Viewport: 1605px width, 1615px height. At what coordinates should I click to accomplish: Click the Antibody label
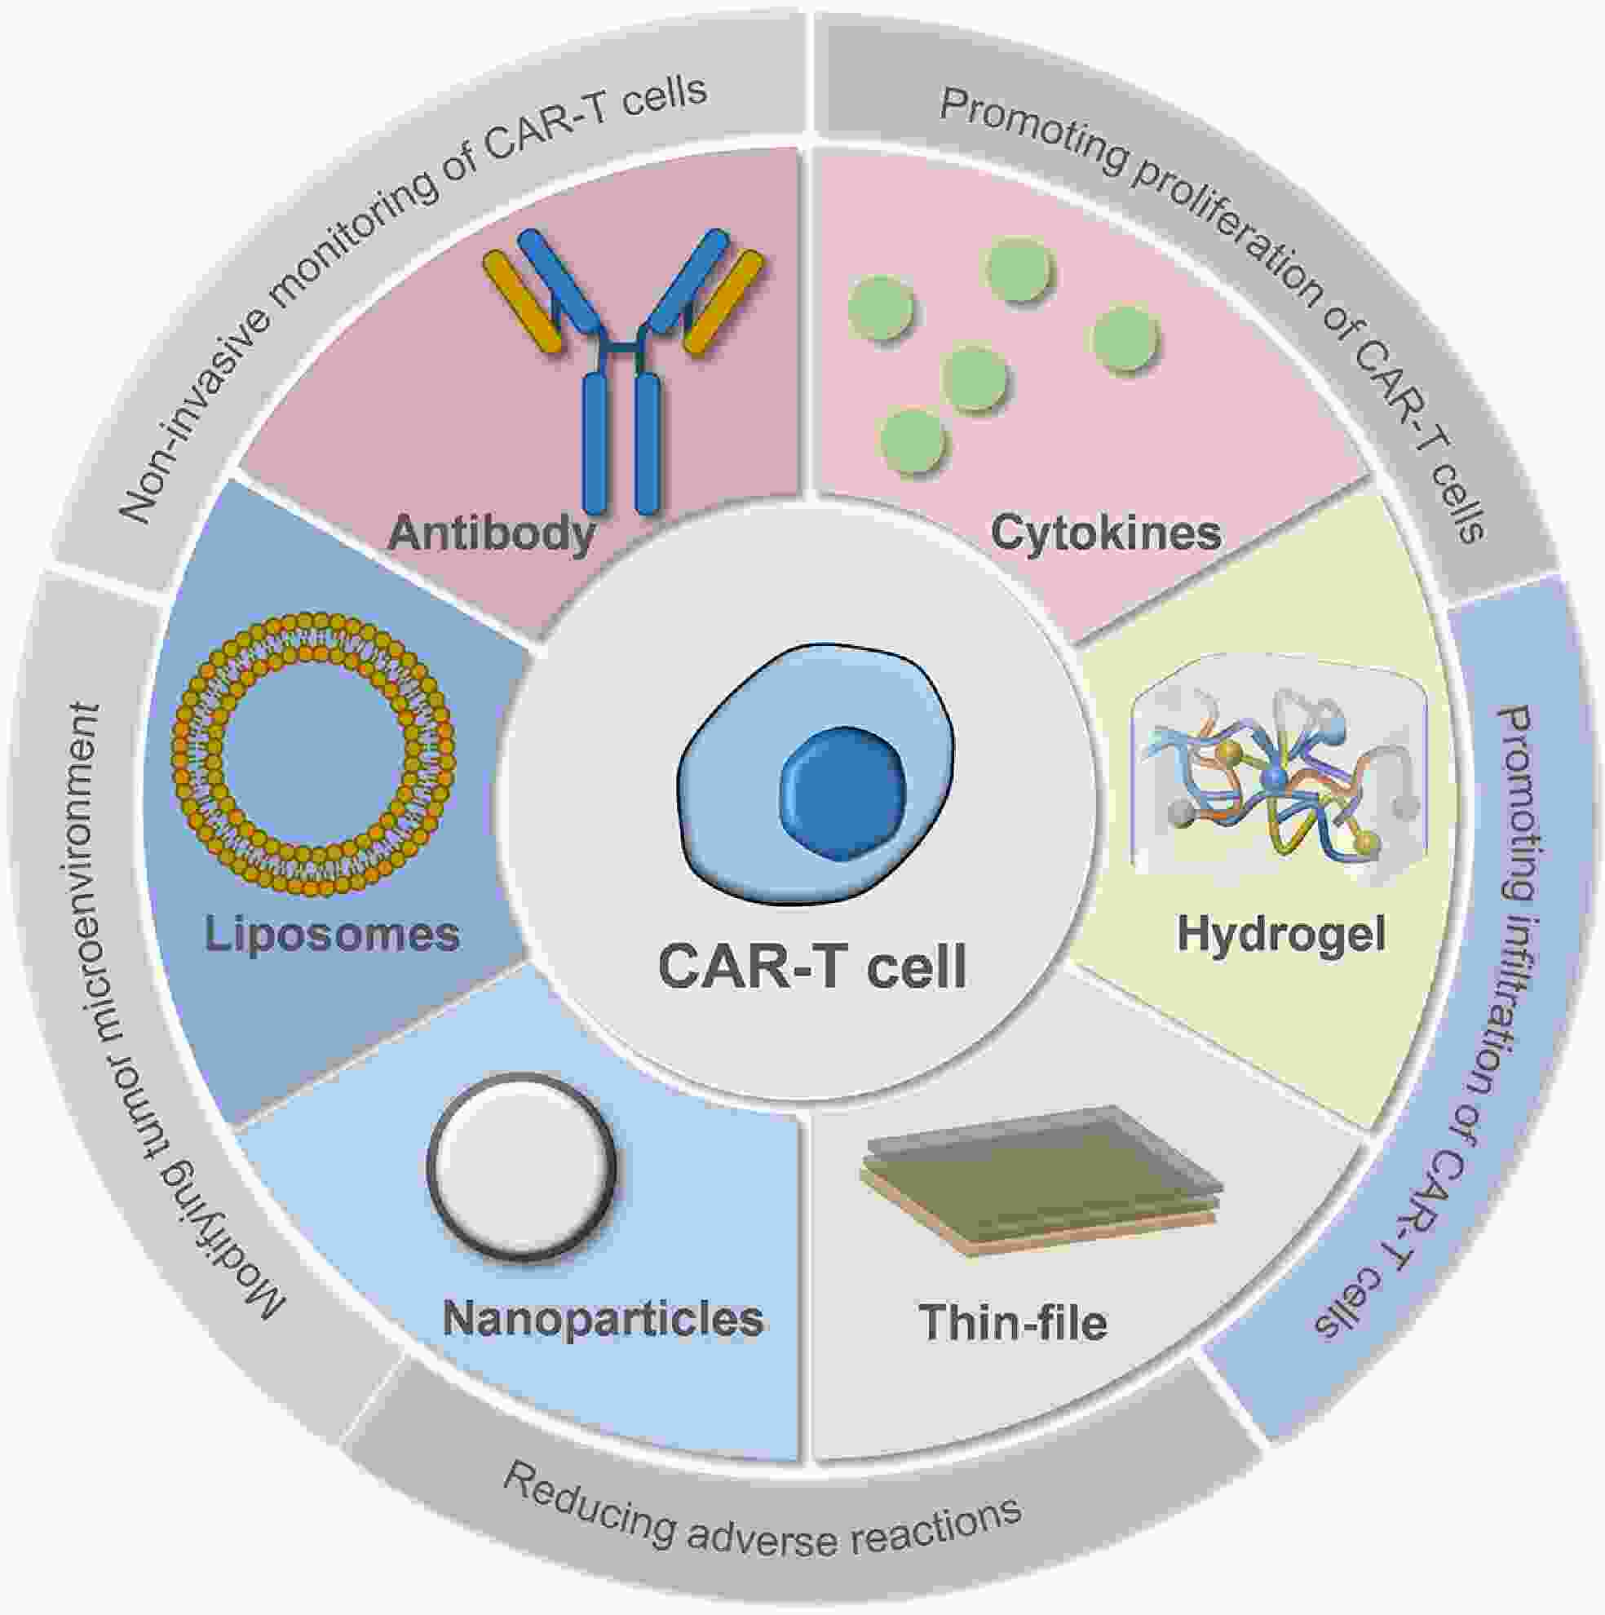click(491, 534)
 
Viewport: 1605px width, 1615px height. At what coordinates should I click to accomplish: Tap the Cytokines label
click(1106, 533)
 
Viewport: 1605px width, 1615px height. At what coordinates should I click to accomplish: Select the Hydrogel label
click(1281, 934)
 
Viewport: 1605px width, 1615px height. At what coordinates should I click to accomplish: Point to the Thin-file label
click(1013, 1322)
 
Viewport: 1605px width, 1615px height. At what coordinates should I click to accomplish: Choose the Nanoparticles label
click(603, 1318)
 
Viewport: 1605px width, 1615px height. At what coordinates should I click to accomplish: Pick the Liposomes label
click(333, 934)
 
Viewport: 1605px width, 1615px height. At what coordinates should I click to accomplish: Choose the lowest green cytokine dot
click(913, 440)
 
